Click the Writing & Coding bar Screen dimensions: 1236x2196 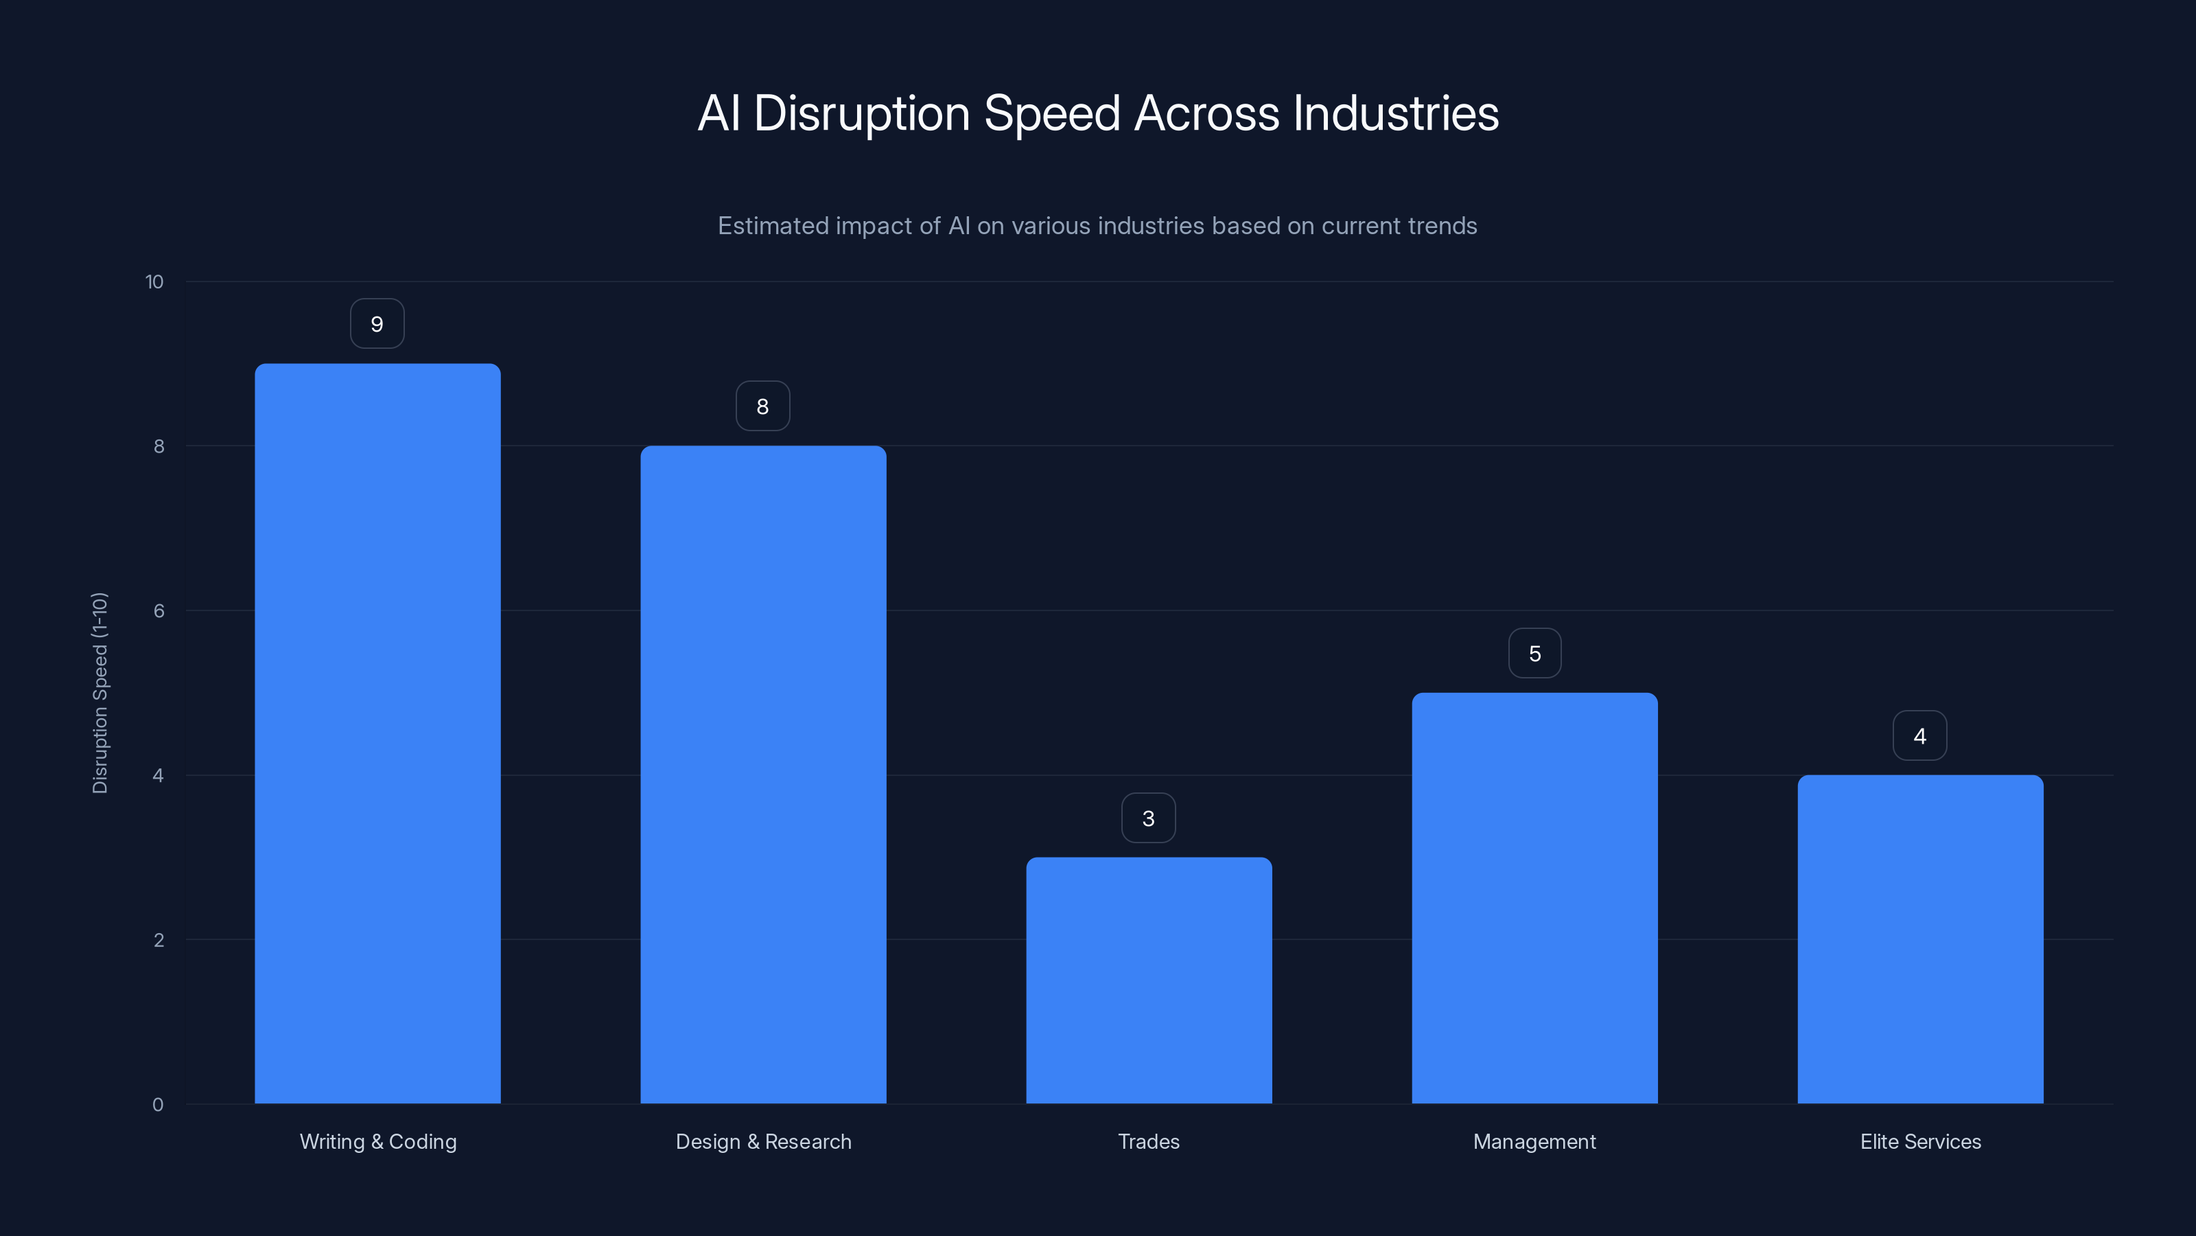(377, 733)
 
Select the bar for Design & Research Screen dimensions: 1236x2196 (763, 775)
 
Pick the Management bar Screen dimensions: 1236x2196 (1534, 898)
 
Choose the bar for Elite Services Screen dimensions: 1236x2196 (1920, 939)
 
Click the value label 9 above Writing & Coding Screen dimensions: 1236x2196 (377, 324)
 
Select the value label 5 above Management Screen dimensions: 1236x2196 (1534, 654)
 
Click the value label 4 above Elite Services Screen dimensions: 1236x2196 (1920, 736)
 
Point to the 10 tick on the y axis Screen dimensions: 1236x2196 (154, 282)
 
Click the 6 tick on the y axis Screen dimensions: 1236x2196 (159, 610)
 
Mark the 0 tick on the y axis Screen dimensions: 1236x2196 (158, 1105)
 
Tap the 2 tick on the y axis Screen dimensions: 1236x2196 (159, 940)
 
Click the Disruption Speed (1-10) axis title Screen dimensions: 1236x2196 (100, 693)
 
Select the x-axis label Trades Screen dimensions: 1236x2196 (1148, 1141)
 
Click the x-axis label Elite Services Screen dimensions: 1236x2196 (1920, 1141)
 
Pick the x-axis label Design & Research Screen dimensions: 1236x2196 (763, 1141)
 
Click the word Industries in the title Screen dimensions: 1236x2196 (1396, 113)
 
